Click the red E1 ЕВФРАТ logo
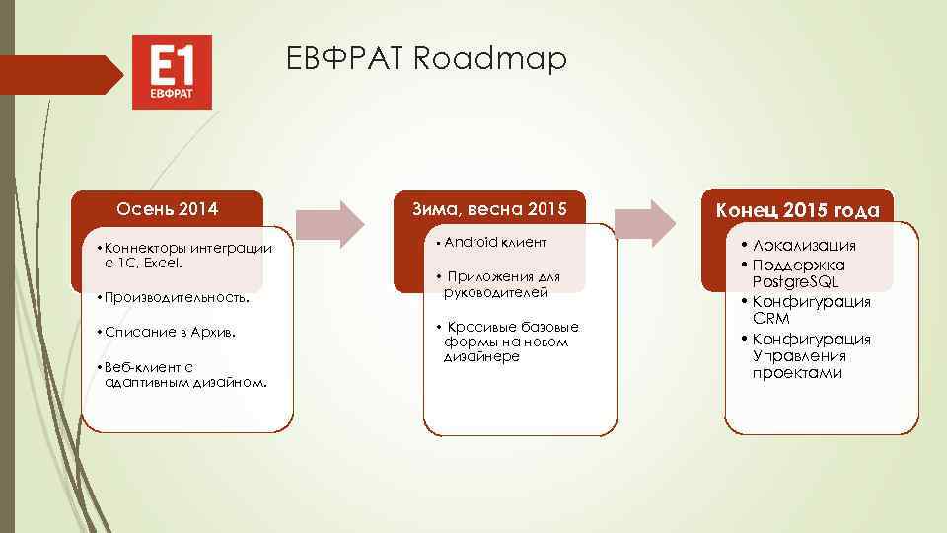click(172, 72)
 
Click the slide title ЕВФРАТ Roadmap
click(427, 60)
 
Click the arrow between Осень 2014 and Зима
click(330, 223)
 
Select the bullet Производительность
click(175, 297)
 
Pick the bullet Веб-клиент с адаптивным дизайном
click(183, 374)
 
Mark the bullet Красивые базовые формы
click(507, 341)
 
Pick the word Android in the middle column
click(467, 242)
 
